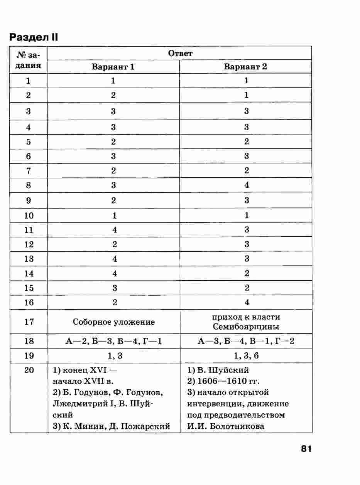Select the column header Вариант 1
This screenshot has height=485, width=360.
[x=113, y=67]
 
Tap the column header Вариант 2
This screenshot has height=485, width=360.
[x=246, y=67]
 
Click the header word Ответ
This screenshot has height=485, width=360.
[x=180, y=54]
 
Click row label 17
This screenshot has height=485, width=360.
[x=29, y=322]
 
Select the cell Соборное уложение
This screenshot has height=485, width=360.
[x=113, y=322]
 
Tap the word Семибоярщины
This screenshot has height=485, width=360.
[x=246, y=327]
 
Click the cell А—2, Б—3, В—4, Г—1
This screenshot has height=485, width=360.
[x=113, y=341]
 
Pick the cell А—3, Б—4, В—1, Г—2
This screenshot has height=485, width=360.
[x=246, y=341]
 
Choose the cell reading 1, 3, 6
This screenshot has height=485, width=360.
[x=246, y=356]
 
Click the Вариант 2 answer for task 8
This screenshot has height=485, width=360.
[x=247, y=185]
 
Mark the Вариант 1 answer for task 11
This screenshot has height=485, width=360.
[x=114, y=230]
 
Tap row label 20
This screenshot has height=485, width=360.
[x=29, y=370]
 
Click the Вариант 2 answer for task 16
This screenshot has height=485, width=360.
[x=247, y=303]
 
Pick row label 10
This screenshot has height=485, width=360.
[x=29, y=216]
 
